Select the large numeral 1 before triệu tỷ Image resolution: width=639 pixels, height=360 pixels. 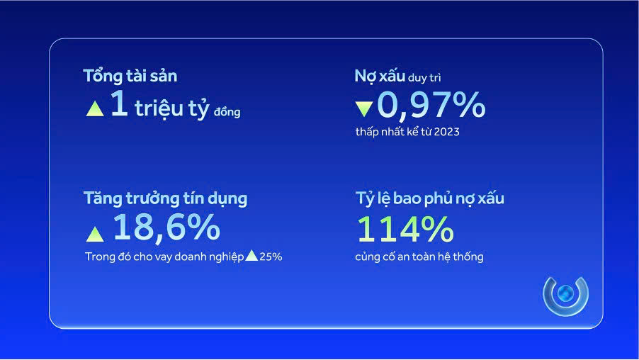point(119,105)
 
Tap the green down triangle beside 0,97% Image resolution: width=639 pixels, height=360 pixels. point(364,108)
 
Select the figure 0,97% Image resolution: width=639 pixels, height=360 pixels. point(431,105)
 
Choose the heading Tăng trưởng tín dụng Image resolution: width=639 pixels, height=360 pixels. point(165,198)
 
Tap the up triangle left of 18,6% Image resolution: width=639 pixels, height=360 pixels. point(94,232)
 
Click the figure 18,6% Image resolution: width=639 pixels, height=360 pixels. point(166,227)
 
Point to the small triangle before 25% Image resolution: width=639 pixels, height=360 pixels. point(251,255)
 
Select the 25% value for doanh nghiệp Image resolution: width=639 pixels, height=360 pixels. point(271,257)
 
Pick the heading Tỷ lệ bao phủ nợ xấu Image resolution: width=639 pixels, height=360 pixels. point(429,198)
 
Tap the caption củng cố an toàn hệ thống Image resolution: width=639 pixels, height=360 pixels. point(419,257)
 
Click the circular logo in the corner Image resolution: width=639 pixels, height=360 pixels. point(565,295)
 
